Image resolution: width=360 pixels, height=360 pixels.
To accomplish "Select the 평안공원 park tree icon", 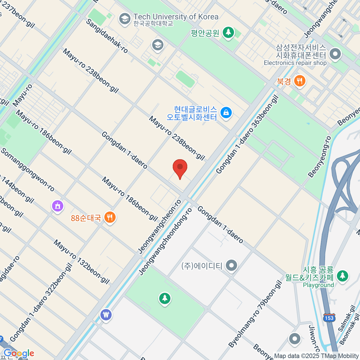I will (x=228, y=32).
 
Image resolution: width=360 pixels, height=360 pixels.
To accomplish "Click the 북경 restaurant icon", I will (x=299, y=81).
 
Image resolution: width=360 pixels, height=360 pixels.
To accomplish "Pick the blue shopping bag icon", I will (x=226, y=113).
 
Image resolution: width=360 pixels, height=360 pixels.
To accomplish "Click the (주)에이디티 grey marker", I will (x=232, y=265).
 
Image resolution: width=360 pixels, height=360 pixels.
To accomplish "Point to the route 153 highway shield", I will (x=329, y=318).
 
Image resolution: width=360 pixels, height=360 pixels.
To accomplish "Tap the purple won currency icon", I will (x=106, y=315).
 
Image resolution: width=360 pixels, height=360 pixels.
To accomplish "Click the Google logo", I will (x=19, y=353).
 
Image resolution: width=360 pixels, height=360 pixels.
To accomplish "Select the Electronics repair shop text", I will (x=295, y=63).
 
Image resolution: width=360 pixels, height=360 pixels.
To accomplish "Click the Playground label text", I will (x=318, y=285).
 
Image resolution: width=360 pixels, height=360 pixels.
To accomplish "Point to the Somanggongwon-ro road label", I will (x=28, y=170).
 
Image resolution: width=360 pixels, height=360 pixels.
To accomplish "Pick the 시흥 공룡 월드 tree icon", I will (x=342, y=275).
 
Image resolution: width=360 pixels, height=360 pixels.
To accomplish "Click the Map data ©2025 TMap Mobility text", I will (x=316, y=356).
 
